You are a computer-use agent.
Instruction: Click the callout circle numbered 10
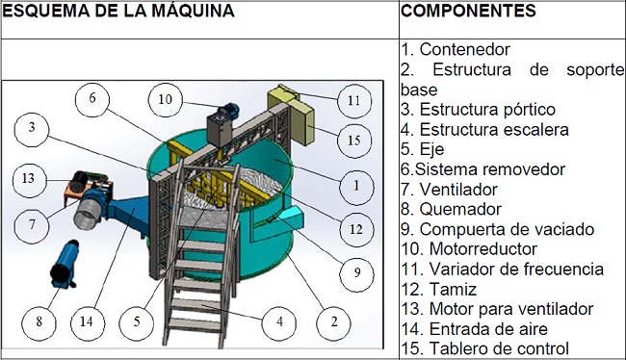166,99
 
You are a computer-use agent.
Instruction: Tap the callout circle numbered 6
92,98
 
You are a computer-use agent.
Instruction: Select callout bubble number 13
29,179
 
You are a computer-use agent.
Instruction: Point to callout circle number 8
39,321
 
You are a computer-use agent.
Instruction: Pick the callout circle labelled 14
88,321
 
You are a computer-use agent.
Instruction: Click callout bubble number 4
279,321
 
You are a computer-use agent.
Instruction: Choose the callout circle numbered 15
354,141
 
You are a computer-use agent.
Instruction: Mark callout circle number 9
357,272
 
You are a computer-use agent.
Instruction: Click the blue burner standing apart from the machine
64,264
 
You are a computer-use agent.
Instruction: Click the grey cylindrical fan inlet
89,214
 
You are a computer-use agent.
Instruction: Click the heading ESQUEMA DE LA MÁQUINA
118,11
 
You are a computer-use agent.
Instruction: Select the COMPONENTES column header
468,11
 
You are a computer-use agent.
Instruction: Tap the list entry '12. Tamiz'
439,289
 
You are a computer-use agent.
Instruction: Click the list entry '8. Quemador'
451,209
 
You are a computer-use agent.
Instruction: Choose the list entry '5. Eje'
423,149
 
